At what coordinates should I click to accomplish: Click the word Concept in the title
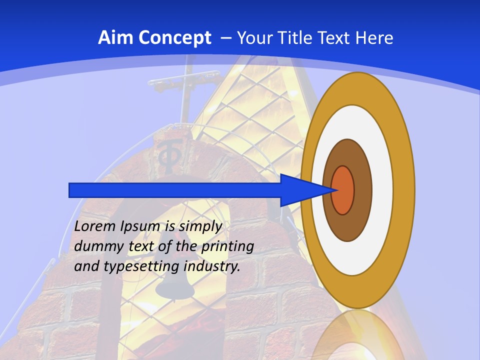click(174, 38)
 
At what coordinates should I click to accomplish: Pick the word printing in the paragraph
click(227, 246)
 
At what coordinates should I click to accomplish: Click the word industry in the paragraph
click(212, 266)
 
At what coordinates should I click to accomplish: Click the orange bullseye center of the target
click(343, 190)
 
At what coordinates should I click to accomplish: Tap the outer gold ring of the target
click(404, 190)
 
